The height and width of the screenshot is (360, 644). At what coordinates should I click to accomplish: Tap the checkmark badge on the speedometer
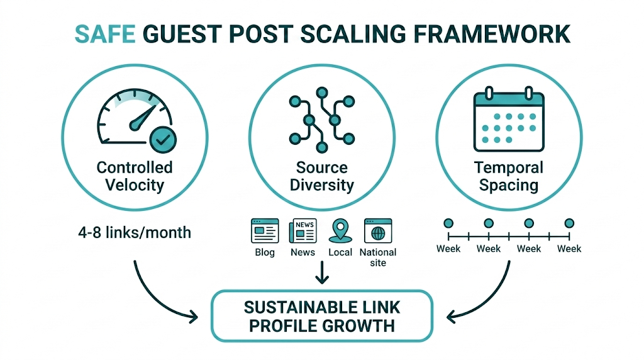(x=163, y=139)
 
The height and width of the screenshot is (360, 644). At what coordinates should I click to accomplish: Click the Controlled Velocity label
(x=135, y=176)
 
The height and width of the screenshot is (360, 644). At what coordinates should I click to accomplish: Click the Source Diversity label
(x=321, y=176)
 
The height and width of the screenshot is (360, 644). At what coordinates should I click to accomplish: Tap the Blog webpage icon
(x=265, y=231)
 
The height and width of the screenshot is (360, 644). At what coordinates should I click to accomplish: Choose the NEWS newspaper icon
(x=303, y=231)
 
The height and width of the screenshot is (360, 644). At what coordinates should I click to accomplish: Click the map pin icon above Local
(x=340, y=230)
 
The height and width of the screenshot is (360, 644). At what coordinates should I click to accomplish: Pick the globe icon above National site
(x=377, y=231)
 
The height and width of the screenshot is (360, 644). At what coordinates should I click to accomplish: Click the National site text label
(x=377, y=257)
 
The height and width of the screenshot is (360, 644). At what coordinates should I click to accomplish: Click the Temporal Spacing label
(x=508, y=176)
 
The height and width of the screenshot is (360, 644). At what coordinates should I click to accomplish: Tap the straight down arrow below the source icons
(x=322, y=272)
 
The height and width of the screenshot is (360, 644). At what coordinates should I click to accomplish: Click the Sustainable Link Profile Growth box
(x=321, y=317)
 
